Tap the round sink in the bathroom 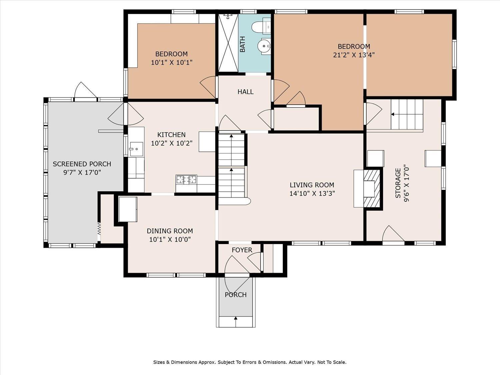point(264,46)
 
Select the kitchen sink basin point(136,149)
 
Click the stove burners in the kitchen point(186,179)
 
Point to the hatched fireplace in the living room point(372,189)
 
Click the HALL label point(245,92)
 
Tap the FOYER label point(242,250)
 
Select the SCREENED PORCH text point(82,164)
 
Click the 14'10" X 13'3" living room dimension point(312,194)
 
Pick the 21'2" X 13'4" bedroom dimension point(354,55)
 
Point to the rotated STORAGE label point(398,183)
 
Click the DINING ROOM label point(170,231)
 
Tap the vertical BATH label point(243,44)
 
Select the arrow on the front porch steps point(236,321)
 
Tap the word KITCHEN point(172,135)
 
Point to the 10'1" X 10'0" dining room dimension point(170,240)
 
